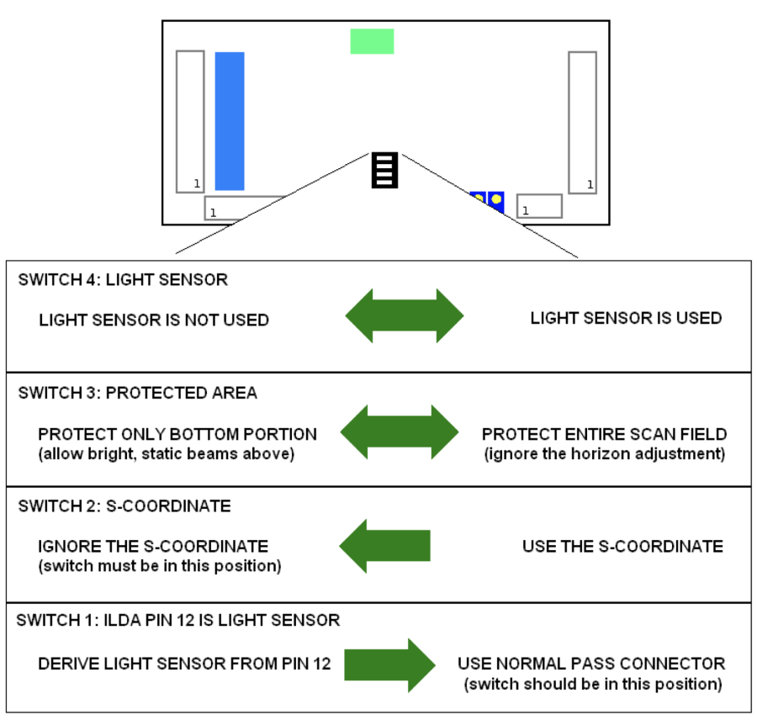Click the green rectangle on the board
click(x=372, y=41)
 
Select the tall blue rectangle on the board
click(x=230, y=121)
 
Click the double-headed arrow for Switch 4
click(x=405, y=315)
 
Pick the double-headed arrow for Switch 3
click(x=400, y=432)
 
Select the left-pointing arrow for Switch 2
click(x=384, y=546)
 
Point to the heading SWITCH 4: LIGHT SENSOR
click(x=123, y=280)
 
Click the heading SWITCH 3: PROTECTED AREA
click(x=137, y=393)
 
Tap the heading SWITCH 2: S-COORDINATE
click(x=124, y=506)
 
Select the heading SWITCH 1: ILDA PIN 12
click(x=178, y=621)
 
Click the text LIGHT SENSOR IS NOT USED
click(x=154, y=320)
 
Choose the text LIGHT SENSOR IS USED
click(x=626, y=318)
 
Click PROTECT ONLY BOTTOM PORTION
click(x=177, y=435)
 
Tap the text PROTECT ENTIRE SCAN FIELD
click(x=604, y=435)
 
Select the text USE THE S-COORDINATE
click(x=622, y=547)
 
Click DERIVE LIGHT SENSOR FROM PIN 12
click(x=184, y=664)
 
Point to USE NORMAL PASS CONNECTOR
click(x=591, y=664)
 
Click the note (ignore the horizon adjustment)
click(x=604, y=453)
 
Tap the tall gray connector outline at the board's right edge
click(x=582, y=123)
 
